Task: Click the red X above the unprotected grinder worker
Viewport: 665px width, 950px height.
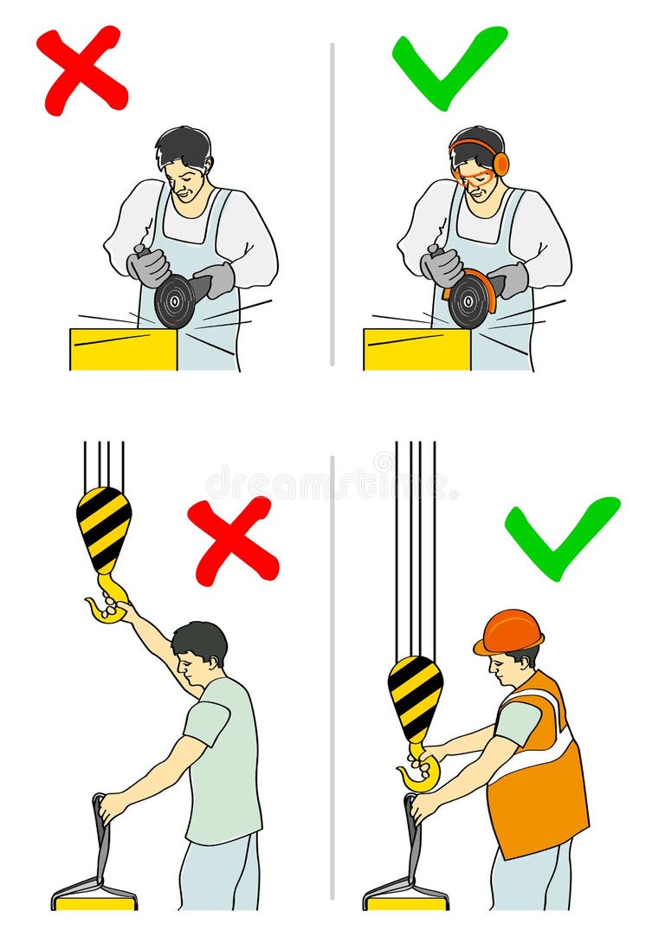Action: coord(81,70)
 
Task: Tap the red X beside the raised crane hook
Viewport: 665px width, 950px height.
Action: coord(232,540)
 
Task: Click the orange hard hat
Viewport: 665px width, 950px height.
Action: coord(509,631)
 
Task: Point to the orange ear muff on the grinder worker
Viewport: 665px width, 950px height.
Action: coord(500,164)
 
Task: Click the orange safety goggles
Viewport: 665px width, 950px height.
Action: coord(474,176)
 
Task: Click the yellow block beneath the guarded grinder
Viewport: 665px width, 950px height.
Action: coord(416,349)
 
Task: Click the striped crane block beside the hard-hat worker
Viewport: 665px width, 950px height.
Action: coord(415,697)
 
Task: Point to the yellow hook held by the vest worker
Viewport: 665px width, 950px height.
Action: coord(421,772)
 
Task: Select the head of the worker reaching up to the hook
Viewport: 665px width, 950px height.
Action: coord(199,649)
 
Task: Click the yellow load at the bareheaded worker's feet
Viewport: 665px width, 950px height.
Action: coord(94,902)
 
